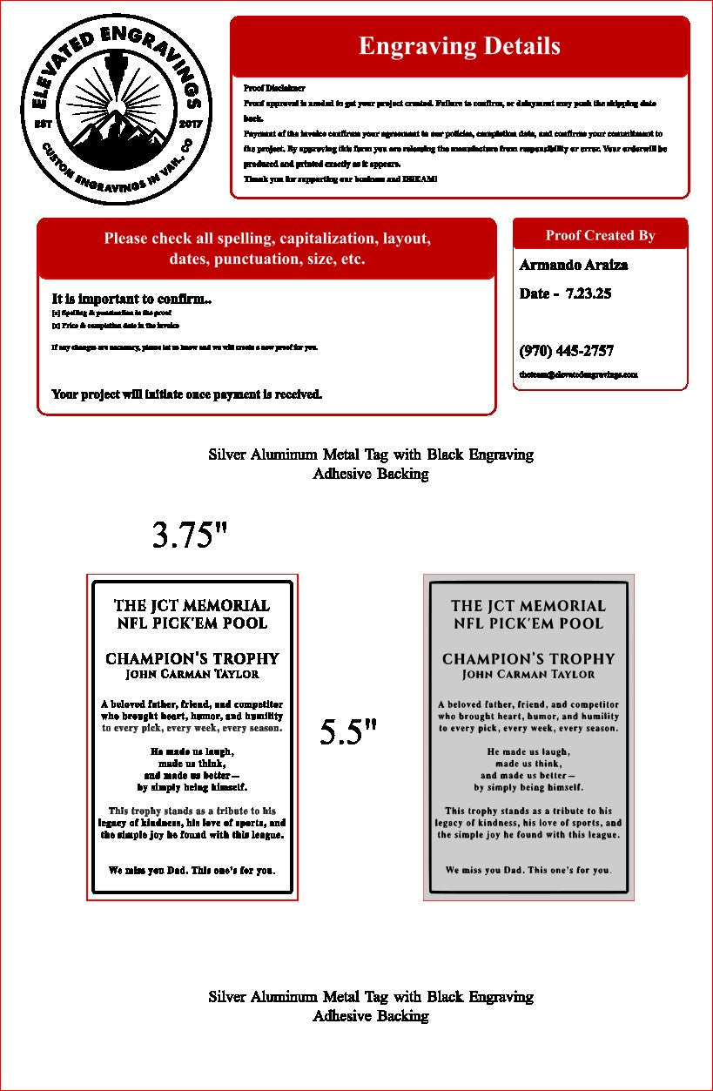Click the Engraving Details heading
[x=459, y=46]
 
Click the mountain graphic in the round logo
[x=116, y=139]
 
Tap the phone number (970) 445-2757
[x=566, y=351]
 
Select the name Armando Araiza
[x=573, y=265]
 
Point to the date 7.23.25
[x=588, y=293]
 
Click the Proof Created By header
[x=600, y=235]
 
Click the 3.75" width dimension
[x=190, y=535]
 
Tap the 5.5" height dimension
[x=347, y=732]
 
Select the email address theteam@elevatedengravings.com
[x=578, y=374]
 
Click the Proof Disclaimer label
[x=274, y=88]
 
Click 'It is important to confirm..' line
[x=131, y=299]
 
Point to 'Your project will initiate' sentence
[x=187, y=394]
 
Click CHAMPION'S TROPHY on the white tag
[x=192, y=658]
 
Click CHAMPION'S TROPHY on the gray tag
[x=528, y=658]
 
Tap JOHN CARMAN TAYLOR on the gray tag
[x=528, y=675]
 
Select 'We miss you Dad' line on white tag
[x=192, y=870]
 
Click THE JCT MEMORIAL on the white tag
[x=192, y=605]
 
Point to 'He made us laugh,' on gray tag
[x=528, y=751]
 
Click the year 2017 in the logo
[x=189, y=124]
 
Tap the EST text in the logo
[x=43, y=124]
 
